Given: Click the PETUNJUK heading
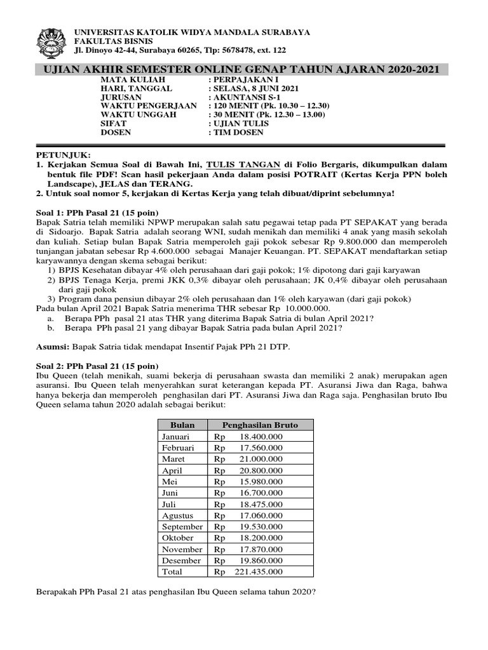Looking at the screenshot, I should (x=64, y=155).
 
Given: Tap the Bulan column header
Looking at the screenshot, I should (x=182, y=425).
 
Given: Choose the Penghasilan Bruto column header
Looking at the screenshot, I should (x=259, y=425).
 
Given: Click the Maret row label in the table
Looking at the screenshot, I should (x=173, y=459).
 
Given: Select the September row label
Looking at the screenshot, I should (x=182, y=527).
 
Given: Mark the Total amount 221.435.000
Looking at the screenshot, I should (x=259, y=572).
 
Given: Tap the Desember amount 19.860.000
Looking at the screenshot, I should (x=261, y=560).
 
